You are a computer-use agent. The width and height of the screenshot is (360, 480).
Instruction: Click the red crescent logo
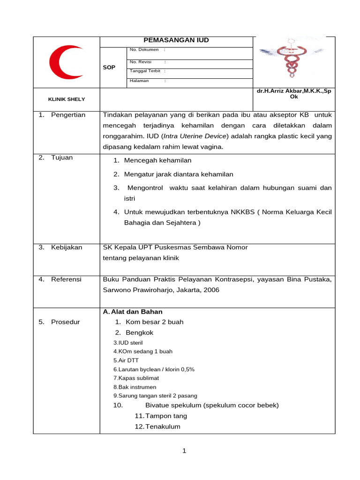point(67,62)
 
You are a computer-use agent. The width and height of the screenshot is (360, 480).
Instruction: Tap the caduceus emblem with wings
point(292,59)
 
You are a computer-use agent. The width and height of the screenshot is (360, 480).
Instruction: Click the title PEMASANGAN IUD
point(176,40)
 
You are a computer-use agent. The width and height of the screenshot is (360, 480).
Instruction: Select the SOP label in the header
point(109,67)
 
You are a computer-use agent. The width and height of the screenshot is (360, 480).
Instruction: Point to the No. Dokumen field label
point(144,50)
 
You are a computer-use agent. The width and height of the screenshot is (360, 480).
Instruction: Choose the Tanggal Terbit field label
point(145,71)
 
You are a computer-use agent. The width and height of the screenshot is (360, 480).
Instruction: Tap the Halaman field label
point(139,81)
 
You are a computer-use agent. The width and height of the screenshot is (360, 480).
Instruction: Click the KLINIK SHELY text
point(67,99)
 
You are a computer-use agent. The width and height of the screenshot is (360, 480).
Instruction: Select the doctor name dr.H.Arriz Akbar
point(294,93)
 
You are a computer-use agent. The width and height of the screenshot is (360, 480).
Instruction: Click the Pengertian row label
point(68,115)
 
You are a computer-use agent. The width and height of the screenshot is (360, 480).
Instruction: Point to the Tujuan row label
point(62,157)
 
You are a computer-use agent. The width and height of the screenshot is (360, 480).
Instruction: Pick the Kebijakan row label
point(67,247)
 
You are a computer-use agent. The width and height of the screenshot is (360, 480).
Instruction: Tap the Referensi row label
point(66,279)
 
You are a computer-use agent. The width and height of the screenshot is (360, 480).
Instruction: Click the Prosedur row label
point(66,322)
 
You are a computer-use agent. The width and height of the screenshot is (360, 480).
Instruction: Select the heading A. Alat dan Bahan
point(133,312)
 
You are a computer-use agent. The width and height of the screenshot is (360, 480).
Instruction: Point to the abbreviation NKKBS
point(243,212)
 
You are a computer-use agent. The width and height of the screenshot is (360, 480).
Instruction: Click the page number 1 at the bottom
point(184,451)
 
